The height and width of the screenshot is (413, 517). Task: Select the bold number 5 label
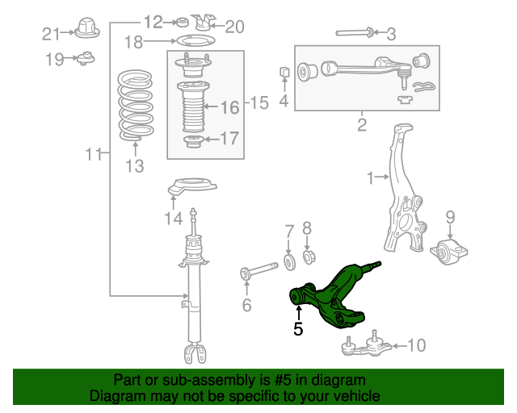point(298,329)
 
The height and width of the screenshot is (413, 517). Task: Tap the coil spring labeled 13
point(133,106)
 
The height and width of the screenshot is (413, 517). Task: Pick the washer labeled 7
point(288,261)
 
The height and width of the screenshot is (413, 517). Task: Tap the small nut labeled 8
point(308,257)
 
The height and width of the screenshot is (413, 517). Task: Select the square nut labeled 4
point(284,74)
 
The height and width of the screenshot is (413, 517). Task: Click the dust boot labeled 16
point(191,109)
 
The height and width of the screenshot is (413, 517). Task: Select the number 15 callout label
point(258,103)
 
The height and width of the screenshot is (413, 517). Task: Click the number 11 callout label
point(94,153)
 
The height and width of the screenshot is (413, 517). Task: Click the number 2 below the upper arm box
point(362,125)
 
